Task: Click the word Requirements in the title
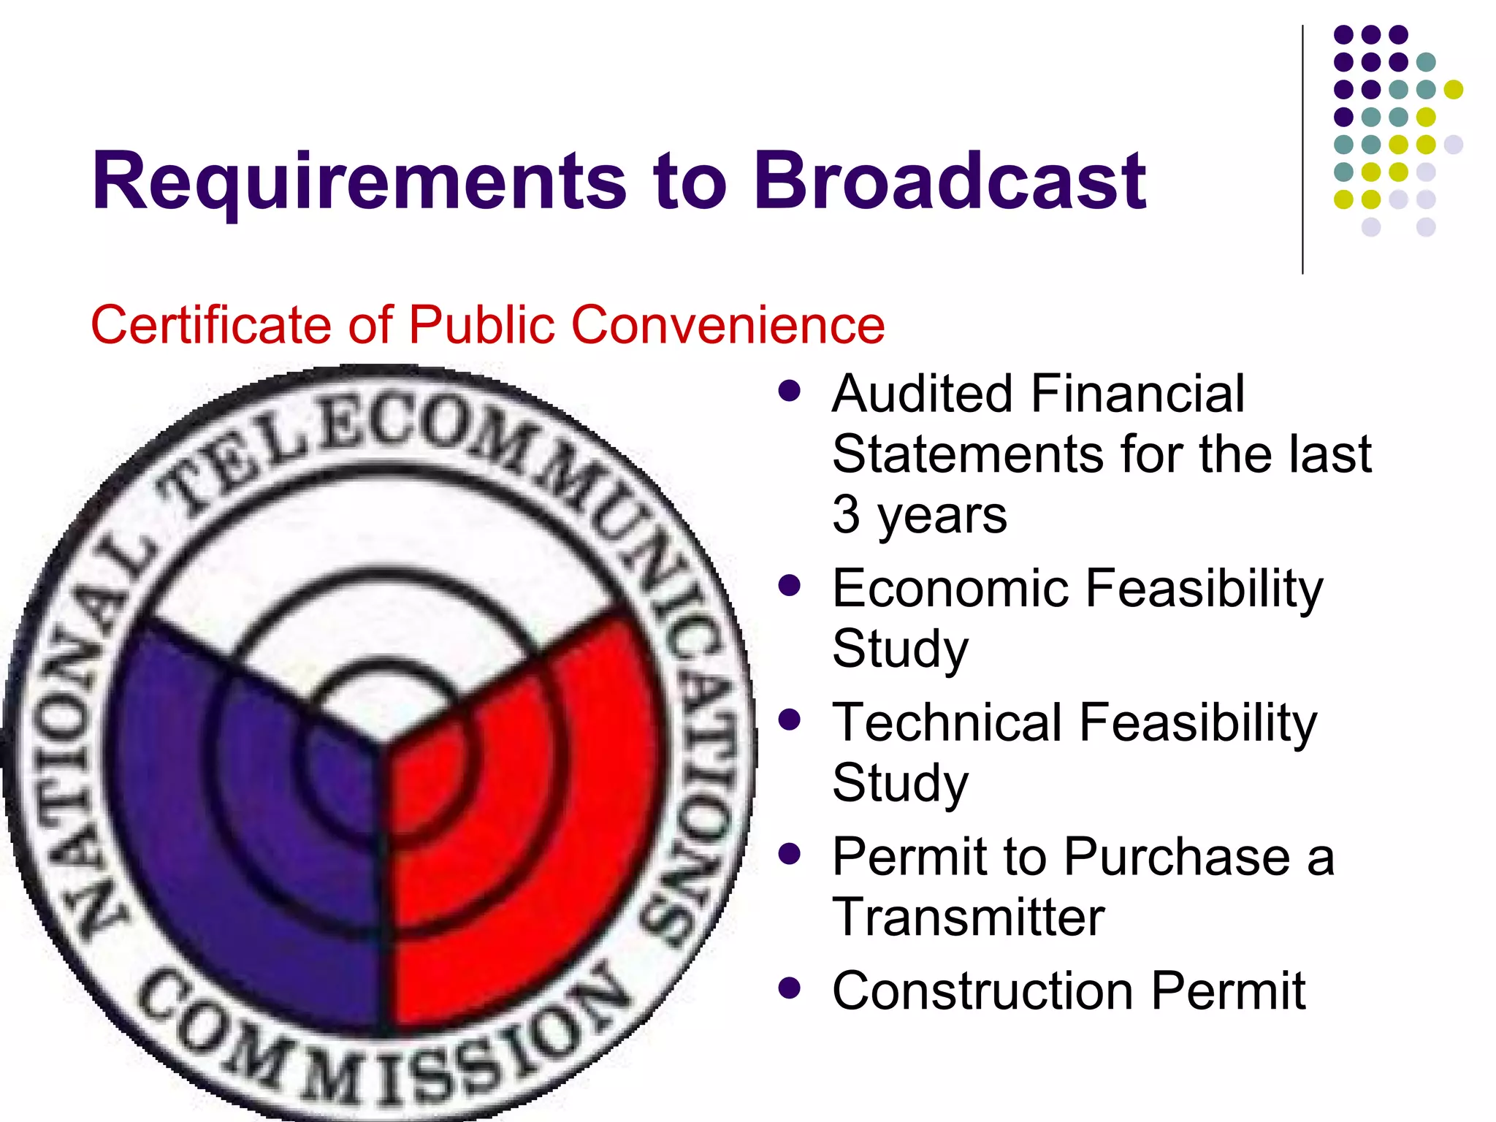click(x=358, y=181)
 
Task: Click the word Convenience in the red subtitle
click(x=728, y=324)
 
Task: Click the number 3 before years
click(x=846, y=515)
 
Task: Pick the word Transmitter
click(x=968, y=917)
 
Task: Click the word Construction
click(x=983, y=991)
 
